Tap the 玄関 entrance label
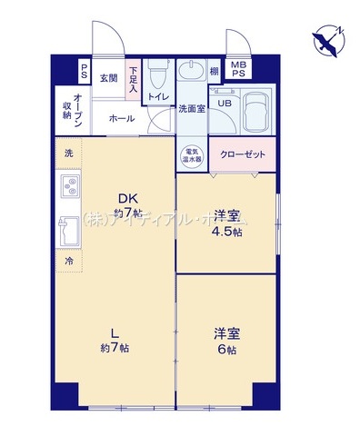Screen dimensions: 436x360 point(109,78)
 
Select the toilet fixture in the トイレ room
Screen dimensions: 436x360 point(158,71)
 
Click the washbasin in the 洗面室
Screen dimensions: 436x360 point(191,73)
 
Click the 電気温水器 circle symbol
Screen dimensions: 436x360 point(192,155)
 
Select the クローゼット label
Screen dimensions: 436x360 point(243,154)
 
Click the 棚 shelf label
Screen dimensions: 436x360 point(215,72)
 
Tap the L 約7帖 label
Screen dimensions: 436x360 point(114,340)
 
